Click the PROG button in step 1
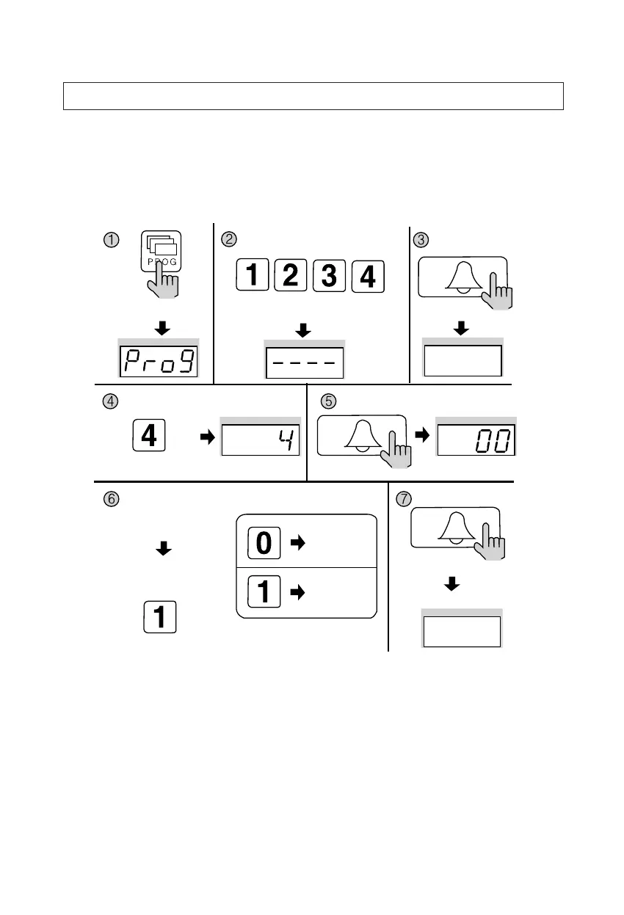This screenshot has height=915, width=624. pyautogui.click(x=161, y=253)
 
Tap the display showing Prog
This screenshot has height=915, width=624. pyautogui.click(x=159, y=361)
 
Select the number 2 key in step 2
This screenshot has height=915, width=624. pyautogui.click(x=290, y=276)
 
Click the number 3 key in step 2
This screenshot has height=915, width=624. pyautogui.click(x=328, y=276)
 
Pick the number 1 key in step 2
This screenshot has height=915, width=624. pyautogui.click(x=251, y=276)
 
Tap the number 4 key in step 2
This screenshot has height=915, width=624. pyautogui.click(x=367, y=276)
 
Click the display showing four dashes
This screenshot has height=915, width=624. pyautogui.click(x=305, y=362)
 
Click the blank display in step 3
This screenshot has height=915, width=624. pyautogui.click(x=462, y=360)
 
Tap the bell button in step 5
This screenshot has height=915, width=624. pyautogui.click(x=361, y=437)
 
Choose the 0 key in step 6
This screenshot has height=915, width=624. pyautogui.click(x=265, y=543)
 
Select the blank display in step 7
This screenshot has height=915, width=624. pyautogui.click(x=461, y=631)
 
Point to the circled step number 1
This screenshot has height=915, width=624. pyautogui.click(x=111, y=239)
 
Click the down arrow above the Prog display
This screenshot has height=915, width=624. pyautogui.click(x=162, y=328)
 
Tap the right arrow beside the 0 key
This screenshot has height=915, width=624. pyautogui.click(x=297, y=543)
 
